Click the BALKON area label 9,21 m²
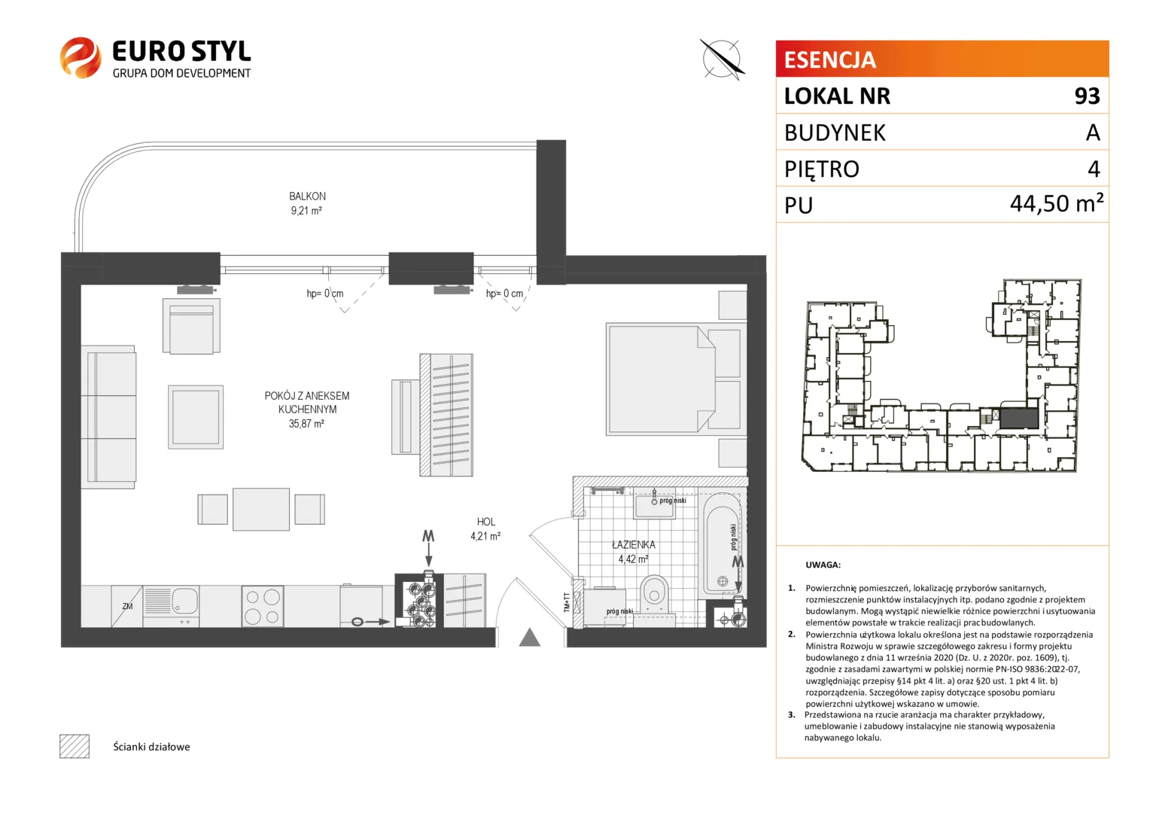306,210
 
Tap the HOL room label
485,522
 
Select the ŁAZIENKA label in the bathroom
634,544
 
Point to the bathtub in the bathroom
723,544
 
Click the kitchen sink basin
184,600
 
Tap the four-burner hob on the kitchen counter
263,606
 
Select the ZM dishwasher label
127,606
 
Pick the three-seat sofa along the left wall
108,416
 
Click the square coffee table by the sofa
196,417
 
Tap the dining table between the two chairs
261,509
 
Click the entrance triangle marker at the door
529,638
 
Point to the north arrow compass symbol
722,59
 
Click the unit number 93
1088,96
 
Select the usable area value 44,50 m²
1057,203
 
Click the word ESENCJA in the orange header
829,59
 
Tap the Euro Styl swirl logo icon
81,57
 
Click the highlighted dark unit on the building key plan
1019,418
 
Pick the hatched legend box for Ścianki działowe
75,746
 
